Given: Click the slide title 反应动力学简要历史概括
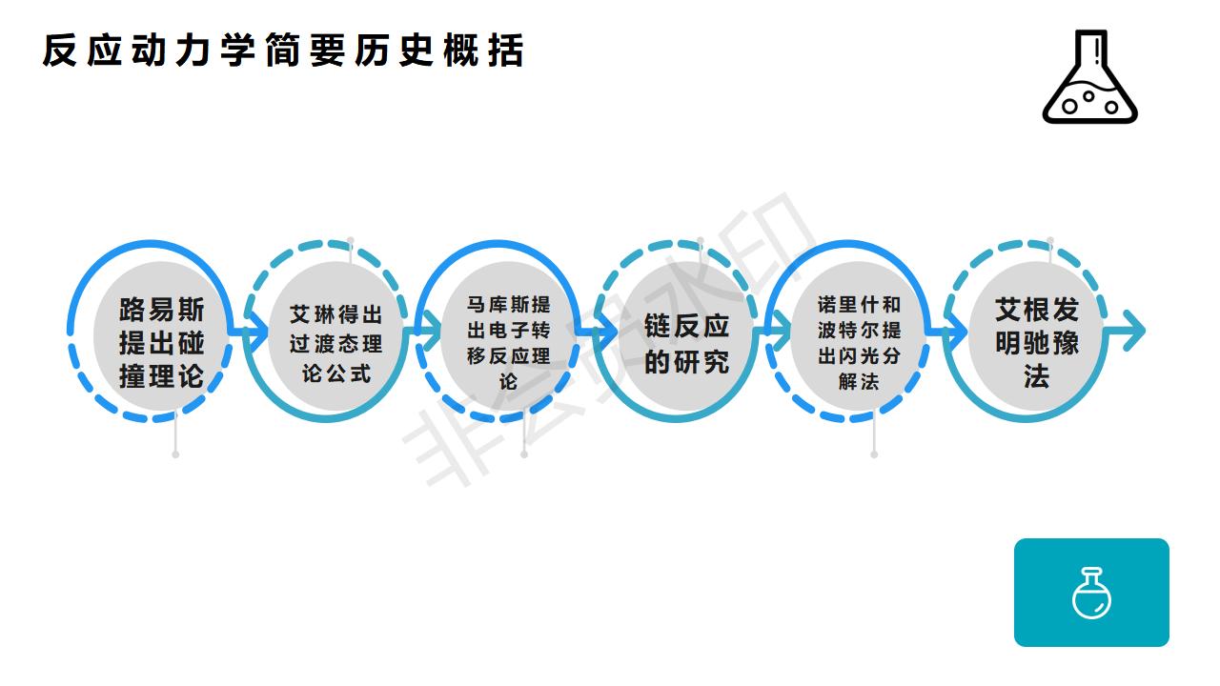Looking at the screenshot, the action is (283, 51).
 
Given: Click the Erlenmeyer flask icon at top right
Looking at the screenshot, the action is (1090, 78).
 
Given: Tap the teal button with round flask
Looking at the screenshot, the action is (1091, 593).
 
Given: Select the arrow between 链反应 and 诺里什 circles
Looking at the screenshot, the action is (778, 332).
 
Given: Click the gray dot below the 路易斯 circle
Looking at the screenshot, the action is (175, 454).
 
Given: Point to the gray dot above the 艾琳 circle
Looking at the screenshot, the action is (351, 241).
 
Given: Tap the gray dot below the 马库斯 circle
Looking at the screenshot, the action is (524, 454).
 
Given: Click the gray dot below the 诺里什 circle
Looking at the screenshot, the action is (874, 454).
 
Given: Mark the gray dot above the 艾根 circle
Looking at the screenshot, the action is (1050, 241).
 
